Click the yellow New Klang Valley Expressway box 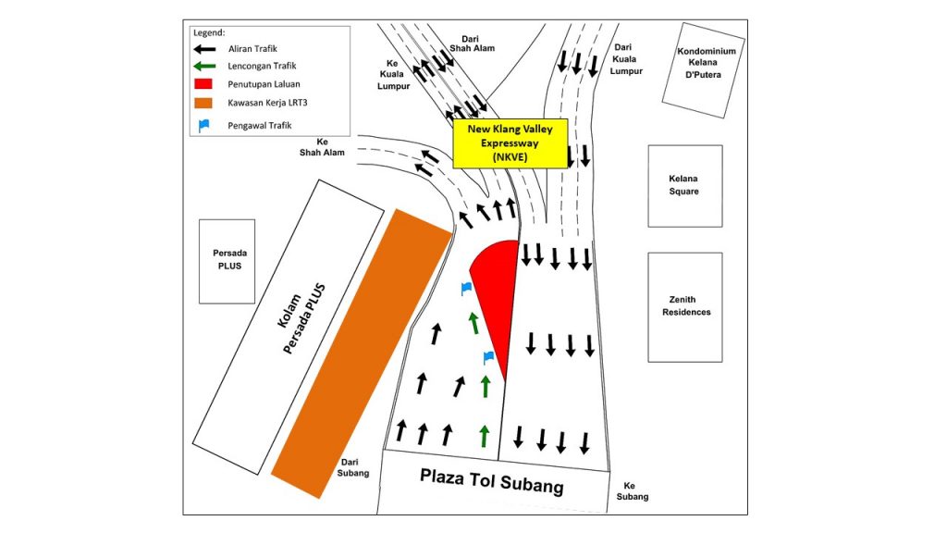pos(510,143)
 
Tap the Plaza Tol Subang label pos(492,481)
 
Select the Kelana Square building pos(685,186)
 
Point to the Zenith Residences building pos(685,307)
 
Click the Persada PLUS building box pos(228,261)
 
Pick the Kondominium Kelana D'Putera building pos(703,70)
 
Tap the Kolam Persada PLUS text pos(301,318)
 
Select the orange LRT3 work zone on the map pos(363,353)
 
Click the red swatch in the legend pos(203,84)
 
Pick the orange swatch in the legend pos(203,103)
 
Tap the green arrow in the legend pos(204,66)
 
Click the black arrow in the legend pos(204,49)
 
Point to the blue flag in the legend pos(203,125)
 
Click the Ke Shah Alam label pos(322,147)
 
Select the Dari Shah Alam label pos(472,43)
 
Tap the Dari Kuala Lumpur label pos(625,59)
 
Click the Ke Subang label pos(632,490)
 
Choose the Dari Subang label pos(352,467)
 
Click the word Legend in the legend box pos(209,32)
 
